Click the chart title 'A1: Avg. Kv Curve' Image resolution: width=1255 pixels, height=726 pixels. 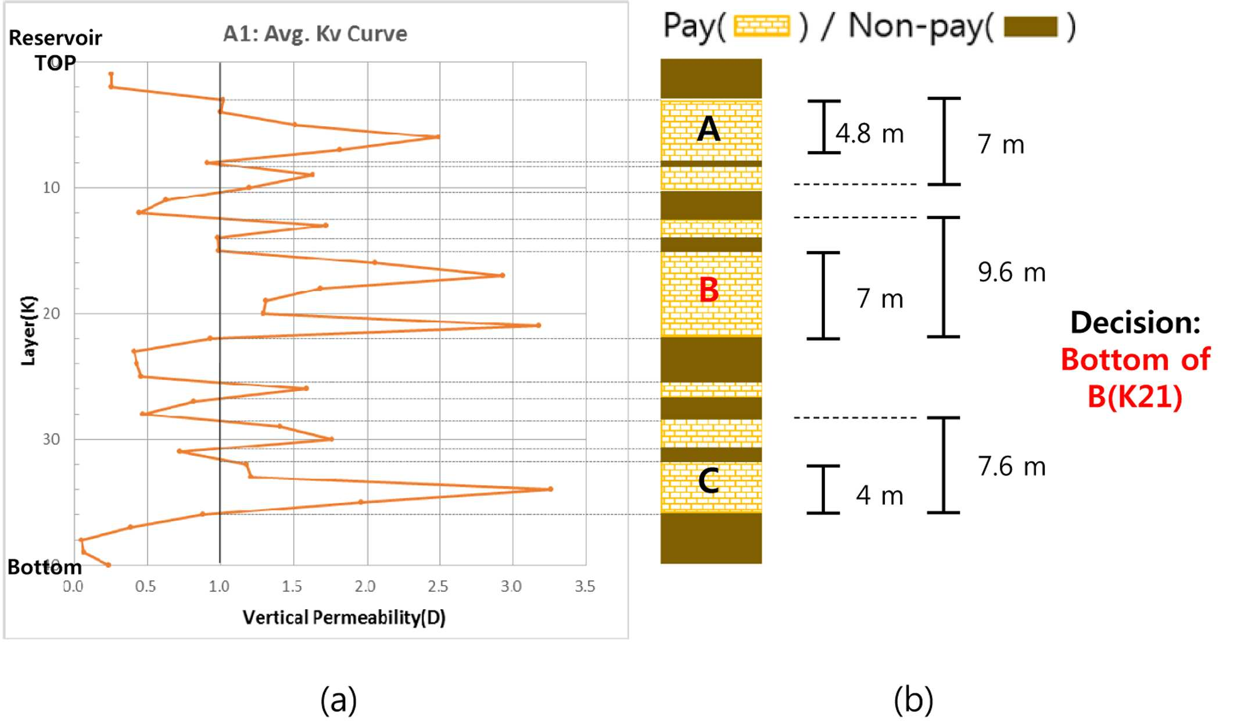(315, 34)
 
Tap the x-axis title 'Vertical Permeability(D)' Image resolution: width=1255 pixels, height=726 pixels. (344, 617)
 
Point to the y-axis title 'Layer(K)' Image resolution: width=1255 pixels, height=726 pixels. (28, 331)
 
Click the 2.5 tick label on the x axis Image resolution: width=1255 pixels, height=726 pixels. (438, 586)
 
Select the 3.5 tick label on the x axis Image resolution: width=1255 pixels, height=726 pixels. (585, 586)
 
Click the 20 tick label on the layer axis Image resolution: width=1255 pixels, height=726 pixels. (51, 314)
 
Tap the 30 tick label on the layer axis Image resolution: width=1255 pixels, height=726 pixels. (51, 439)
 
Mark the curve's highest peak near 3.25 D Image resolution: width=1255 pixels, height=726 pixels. (550, 489)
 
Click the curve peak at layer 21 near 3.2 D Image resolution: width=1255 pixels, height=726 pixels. (539, 326)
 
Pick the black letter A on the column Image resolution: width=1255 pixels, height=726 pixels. (709, 128)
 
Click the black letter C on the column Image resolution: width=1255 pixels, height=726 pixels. (709, 481)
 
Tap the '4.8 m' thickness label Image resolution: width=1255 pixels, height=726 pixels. (870, 134)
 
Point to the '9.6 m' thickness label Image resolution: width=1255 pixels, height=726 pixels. (1012, 272)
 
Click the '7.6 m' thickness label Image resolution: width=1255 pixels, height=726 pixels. (1012, 466)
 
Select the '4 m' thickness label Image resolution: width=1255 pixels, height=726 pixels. (880, 495)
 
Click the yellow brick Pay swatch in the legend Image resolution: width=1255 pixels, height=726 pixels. (762, 26)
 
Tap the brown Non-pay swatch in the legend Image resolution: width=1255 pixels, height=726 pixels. (1031, 26)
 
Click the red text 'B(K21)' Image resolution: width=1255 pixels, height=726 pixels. (1135, 397)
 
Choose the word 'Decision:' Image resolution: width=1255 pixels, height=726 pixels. (1135, 322)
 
